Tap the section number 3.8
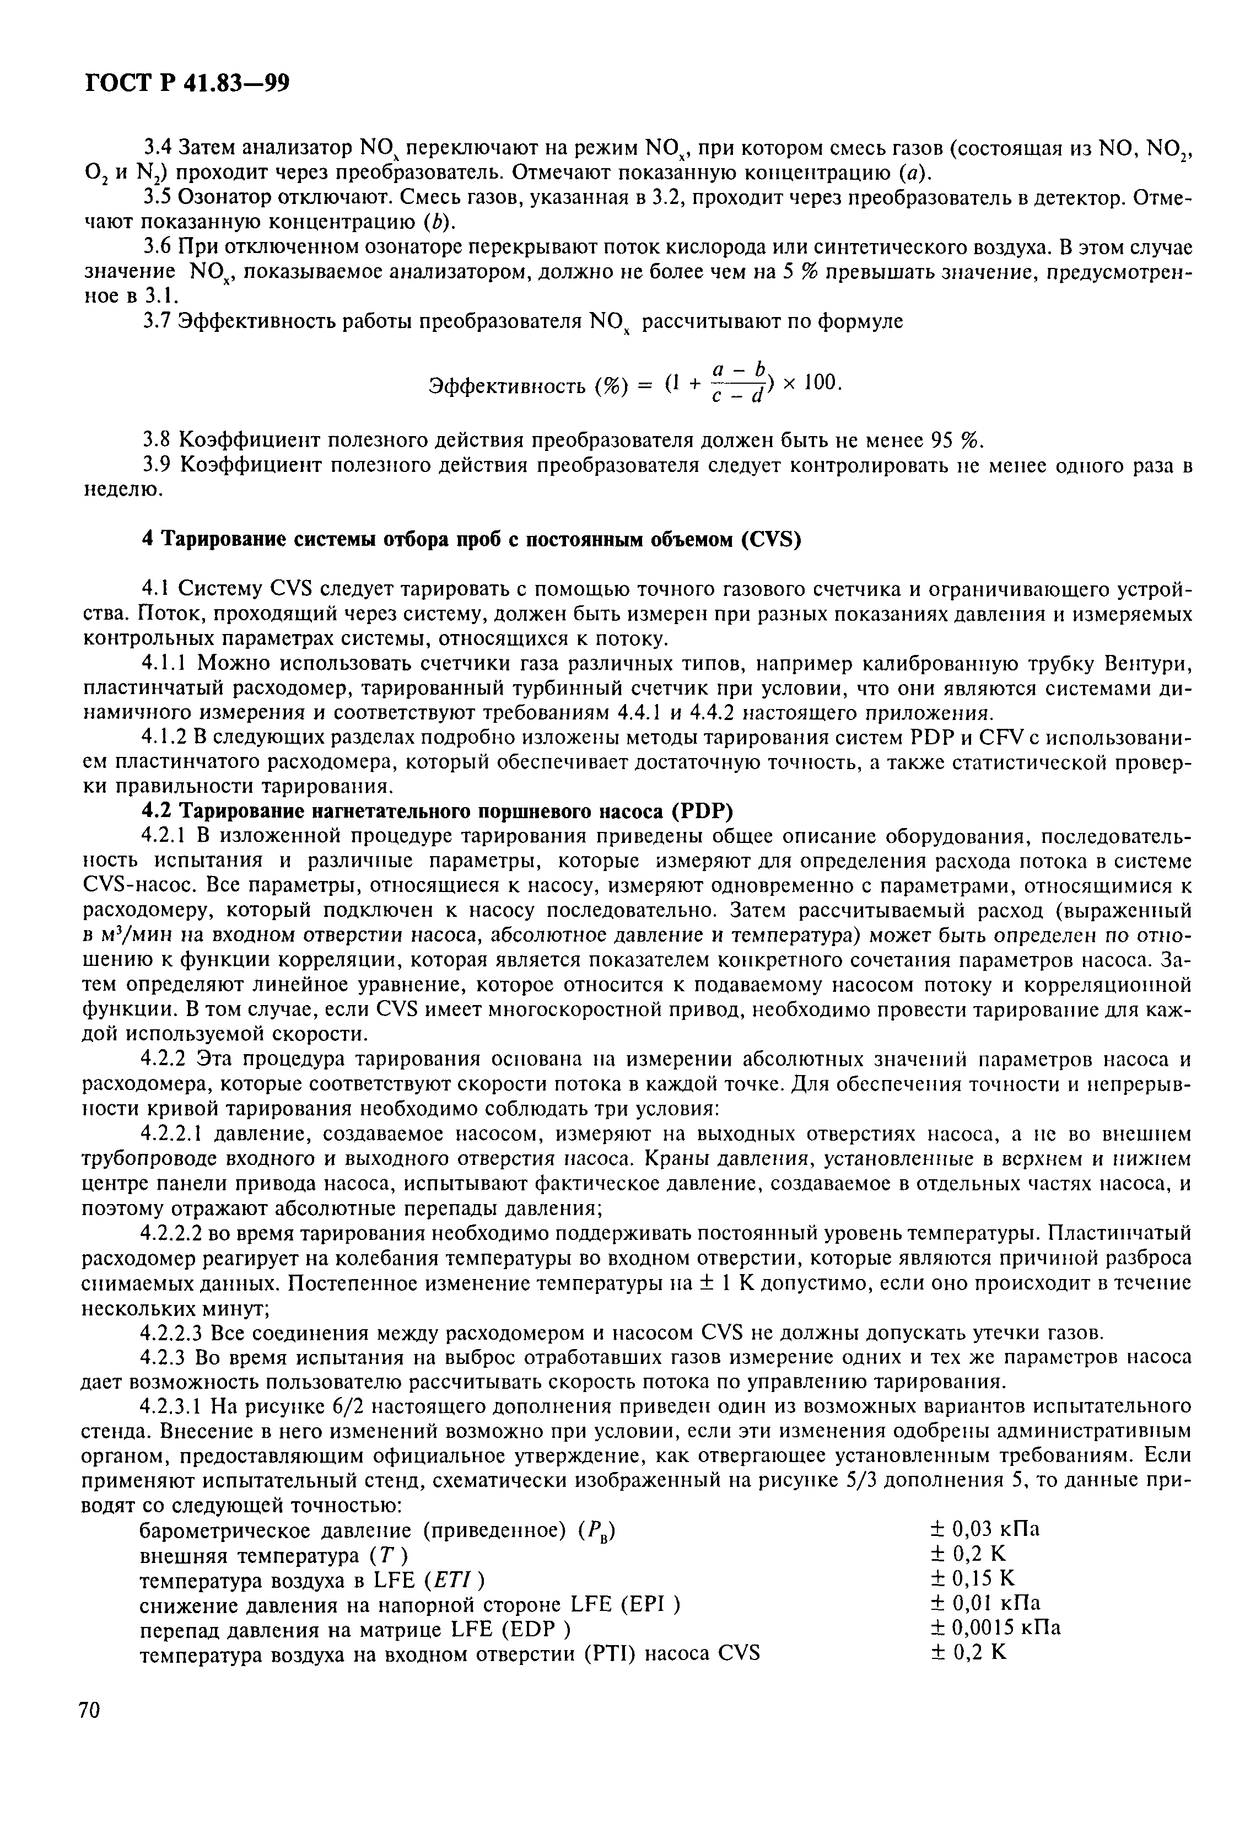tap(157, 440)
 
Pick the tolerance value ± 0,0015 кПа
tap(995, 1627)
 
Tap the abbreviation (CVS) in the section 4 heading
tap(771, 539)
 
